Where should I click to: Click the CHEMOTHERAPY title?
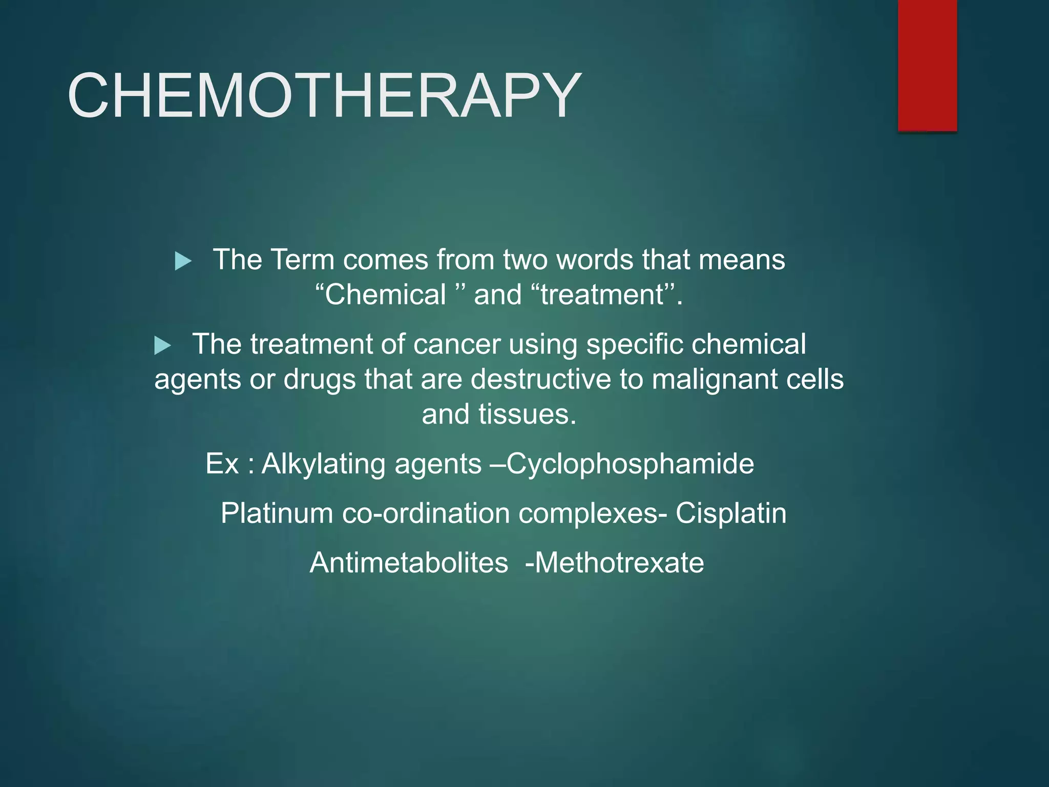point(324,96)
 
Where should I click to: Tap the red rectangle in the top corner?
point(927,66)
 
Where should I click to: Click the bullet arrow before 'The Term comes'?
point(183,261)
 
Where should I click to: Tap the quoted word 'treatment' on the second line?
point(602,295)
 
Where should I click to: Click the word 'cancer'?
point(457,344)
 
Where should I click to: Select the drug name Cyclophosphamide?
point(630,464)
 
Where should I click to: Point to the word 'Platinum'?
point(277,513)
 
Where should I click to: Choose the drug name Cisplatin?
point(730,513)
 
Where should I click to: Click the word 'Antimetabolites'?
point(409,563)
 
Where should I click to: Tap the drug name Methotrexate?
point(619,563)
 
